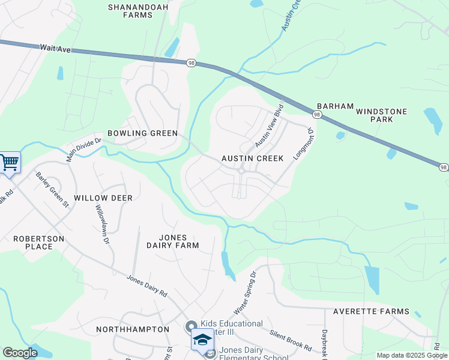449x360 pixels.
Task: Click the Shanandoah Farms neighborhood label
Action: click(130, 11)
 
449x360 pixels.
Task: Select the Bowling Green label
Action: click(142, 133)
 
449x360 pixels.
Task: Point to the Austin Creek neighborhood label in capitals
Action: click(252, 158)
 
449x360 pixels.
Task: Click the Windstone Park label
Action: click(381, 115)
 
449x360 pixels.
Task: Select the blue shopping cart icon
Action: click(9, 162)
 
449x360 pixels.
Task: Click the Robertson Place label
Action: click(38, 242)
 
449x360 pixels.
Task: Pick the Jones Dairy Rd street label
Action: click(147, 286)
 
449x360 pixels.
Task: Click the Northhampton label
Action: click(133, 329)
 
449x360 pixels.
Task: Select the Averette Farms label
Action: click(372, 311)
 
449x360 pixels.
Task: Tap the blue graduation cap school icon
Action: click(202, 340)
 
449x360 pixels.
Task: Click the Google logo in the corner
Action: click(20, 353)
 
